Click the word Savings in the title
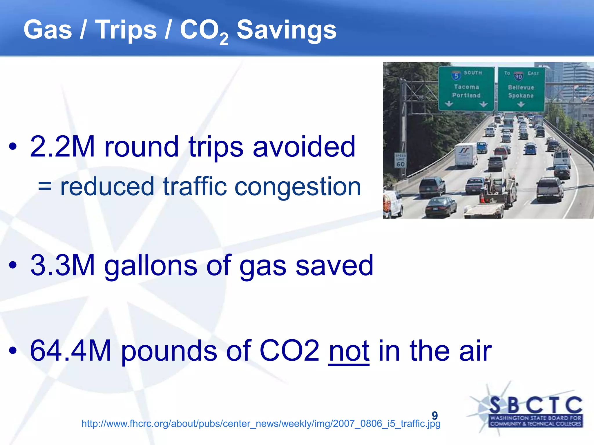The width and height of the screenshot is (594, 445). tap(287, 30)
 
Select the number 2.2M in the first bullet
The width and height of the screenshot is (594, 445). tap(62, 147)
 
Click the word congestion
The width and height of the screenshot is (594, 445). tap(298, 187)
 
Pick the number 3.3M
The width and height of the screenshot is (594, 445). tap(63, 265)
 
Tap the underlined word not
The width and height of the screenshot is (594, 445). tap(349, 351)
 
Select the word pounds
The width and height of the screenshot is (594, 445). tap(169, 351)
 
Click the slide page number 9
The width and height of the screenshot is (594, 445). tap(434, 415)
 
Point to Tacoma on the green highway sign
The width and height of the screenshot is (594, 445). tap(466, 87)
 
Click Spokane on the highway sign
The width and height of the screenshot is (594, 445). tap(521, 96)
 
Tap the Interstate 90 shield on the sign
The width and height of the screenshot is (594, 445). tap(519, 76)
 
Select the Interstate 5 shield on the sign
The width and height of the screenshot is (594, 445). tap(456, 76)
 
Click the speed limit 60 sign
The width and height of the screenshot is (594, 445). tap(400, 161)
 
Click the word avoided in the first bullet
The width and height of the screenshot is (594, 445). tap(304, 147)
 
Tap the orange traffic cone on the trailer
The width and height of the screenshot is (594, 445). tap(482, 198)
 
